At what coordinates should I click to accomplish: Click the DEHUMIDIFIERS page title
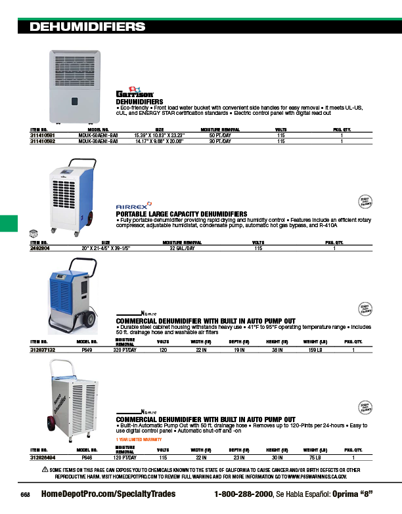tap(88, 27)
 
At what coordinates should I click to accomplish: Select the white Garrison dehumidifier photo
tap(72, 86)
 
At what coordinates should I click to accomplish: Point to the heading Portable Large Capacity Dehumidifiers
tap(182, 214)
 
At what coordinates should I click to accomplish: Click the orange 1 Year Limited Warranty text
tap(139, 439)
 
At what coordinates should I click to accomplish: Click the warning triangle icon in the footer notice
tap(45, 469)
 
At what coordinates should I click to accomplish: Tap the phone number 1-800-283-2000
tap(244, 494)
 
